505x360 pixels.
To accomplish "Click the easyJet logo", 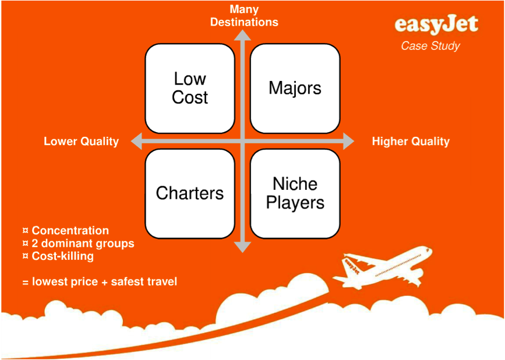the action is coord(436,25).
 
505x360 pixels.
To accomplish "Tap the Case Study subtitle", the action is coord(430,45).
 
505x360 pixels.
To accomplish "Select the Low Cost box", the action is coord(190,88).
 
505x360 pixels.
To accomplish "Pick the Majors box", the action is coord(295,88).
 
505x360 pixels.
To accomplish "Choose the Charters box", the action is coord(190,193).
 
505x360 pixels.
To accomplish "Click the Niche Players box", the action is coord(295,193).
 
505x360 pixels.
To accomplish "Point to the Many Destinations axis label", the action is coord(244,16).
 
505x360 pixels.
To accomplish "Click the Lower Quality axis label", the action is coord(81,142).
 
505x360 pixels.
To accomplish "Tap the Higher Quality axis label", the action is coord(411,142).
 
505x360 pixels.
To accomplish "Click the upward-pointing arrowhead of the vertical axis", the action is coord(242,36).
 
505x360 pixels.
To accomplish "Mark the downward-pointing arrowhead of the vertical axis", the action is coord(242,247).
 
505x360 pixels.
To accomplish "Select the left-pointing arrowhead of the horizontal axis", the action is coord(136,141).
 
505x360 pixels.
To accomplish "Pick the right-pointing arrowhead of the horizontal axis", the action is coord(348,141).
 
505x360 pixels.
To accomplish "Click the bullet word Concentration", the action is coord(70,231).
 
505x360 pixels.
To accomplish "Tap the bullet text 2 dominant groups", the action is coord(83,243).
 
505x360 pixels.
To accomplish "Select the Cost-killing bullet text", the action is coord(62,256).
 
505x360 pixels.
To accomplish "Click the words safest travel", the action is coord(144,282).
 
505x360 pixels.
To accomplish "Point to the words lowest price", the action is coord(65,282).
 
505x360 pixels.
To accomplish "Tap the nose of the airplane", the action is coord(429,250).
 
